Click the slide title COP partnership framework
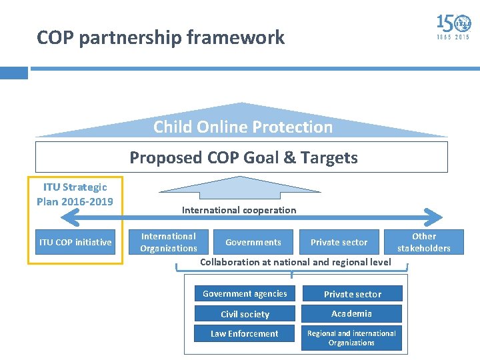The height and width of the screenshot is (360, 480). click(161, 38)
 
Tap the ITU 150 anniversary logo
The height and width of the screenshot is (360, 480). click(453, 27)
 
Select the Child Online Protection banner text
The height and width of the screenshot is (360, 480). click(243, 127)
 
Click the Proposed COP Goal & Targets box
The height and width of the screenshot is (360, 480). click(243, 158)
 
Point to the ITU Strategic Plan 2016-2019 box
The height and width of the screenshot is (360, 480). click(75, 194)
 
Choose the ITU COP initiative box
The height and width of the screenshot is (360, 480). click(75, 242)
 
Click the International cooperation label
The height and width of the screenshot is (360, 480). click(239, 210)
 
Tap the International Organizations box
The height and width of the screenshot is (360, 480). click(169, 242)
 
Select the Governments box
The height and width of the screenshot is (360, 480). click(253, 242)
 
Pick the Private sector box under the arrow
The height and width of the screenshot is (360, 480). click(339, 242)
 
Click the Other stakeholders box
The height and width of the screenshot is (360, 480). click(424, 242)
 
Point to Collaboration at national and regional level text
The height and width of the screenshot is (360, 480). click(295, 262)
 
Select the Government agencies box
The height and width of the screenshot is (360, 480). click(245, 294)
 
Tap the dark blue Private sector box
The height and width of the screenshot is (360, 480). click(352, 294)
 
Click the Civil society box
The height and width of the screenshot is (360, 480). click(245, 314)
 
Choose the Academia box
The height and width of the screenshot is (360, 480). click(352, 313)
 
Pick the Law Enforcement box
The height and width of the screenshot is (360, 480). click(245, 333)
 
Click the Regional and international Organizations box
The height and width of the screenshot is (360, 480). click(352, 338)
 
